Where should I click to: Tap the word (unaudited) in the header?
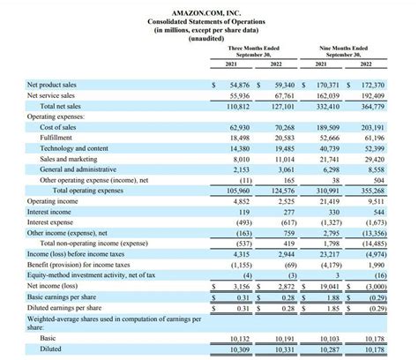(x=208, y=37)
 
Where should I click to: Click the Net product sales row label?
(x=51, y=85)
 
